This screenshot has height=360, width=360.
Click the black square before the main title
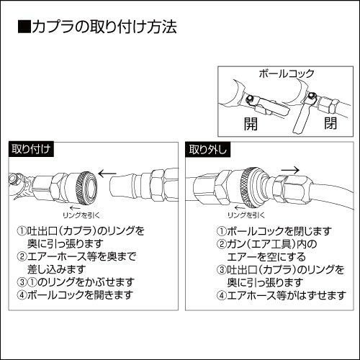(24, 27)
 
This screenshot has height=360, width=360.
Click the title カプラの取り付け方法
(104, 27)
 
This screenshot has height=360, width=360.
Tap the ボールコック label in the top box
(287, 73)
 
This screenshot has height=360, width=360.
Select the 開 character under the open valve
(251, 124)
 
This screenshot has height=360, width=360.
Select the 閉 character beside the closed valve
(330, 123)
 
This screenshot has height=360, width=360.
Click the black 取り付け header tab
(31, 150)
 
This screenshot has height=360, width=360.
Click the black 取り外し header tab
(208, 150)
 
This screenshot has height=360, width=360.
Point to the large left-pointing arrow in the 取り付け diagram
(107, 174)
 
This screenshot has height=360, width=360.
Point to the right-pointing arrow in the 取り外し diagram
(290, 171)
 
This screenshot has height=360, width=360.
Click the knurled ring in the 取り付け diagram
(86, 189)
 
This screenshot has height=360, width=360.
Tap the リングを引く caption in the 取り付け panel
(81, 215)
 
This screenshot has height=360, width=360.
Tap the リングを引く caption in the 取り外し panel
(246, 215)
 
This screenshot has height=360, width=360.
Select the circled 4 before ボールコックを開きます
(22, 295)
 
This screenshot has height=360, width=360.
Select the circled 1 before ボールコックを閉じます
(222, 231)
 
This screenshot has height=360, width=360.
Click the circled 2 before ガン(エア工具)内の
(222, 244)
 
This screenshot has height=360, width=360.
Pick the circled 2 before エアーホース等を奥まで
(22, 256)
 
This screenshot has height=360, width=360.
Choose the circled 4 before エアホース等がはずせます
(222, 295)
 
